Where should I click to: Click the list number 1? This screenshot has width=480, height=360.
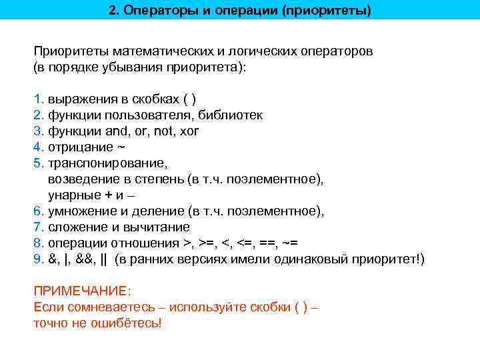point(37,99)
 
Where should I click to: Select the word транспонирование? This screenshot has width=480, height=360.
point(107,163)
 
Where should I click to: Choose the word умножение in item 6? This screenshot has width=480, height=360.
point(81,211)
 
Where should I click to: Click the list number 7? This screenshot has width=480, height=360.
point(37,227)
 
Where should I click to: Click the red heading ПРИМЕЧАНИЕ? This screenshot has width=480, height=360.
point(83,291)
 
